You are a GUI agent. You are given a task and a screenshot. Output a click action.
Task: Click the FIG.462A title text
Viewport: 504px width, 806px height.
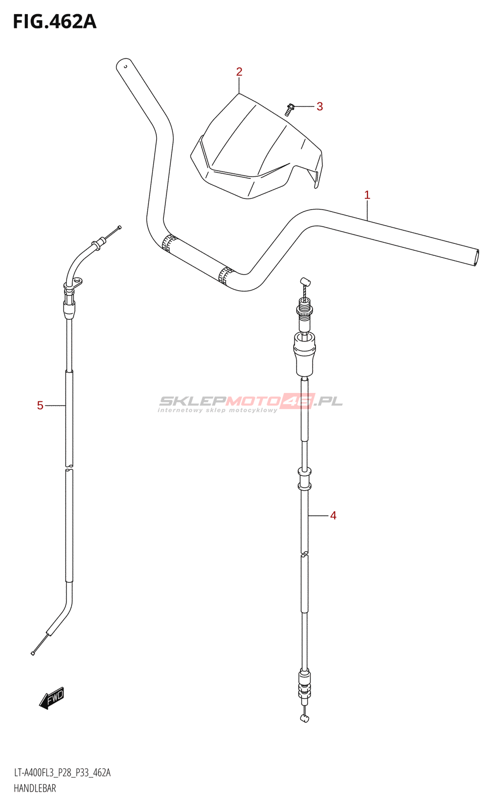point(55,22)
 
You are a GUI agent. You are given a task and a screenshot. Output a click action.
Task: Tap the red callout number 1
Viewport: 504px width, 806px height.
point(367,195)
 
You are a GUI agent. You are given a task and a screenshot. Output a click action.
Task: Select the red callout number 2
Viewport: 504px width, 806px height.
point(239,72)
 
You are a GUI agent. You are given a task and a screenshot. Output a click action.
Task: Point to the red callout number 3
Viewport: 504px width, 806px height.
point(320,106)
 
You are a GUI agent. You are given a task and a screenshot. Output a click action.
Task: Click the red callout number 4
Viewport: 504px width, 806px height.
point(333,516)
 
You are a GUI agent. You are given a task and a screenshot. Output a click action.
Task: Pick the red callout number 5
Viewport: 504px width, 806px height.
point(40,406)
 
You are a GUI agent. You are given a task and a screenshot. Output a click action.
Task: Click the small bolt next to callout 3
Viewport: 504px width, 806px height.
point(289,109)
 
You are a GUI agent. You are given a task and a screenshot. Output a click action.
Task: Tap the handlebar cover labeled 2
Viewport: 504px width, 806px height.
point(257,147)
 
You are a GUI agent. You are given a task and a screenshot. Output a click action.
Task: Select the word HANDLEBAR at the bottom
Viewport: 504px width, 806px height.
point(35,788)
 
